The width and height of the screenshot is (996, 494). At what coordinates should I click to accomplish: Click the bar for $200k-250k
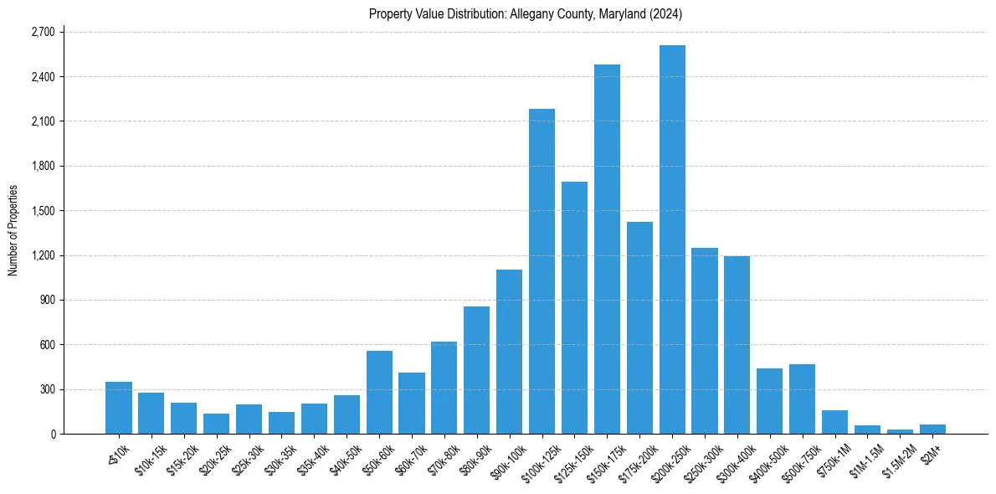672,239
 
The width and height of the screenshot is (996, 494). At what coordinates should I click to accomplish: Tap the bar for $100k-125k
542,271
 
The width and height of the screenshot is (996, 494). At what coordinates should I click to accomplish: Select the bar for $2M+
932,429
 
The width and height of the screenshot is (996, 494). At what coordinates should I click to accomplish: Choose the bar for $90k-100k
509,352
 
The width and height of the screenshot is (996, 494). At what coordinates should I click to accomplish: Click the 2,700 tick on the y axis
42,32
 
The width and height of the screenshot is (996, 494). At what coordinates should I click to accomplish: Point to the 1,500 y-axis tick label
42,211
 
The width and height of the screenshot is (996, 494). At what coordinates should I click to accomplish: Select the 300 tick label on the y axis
47,389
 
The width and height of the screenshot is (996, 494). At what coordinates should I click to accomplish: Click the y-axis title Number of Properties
13,229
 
